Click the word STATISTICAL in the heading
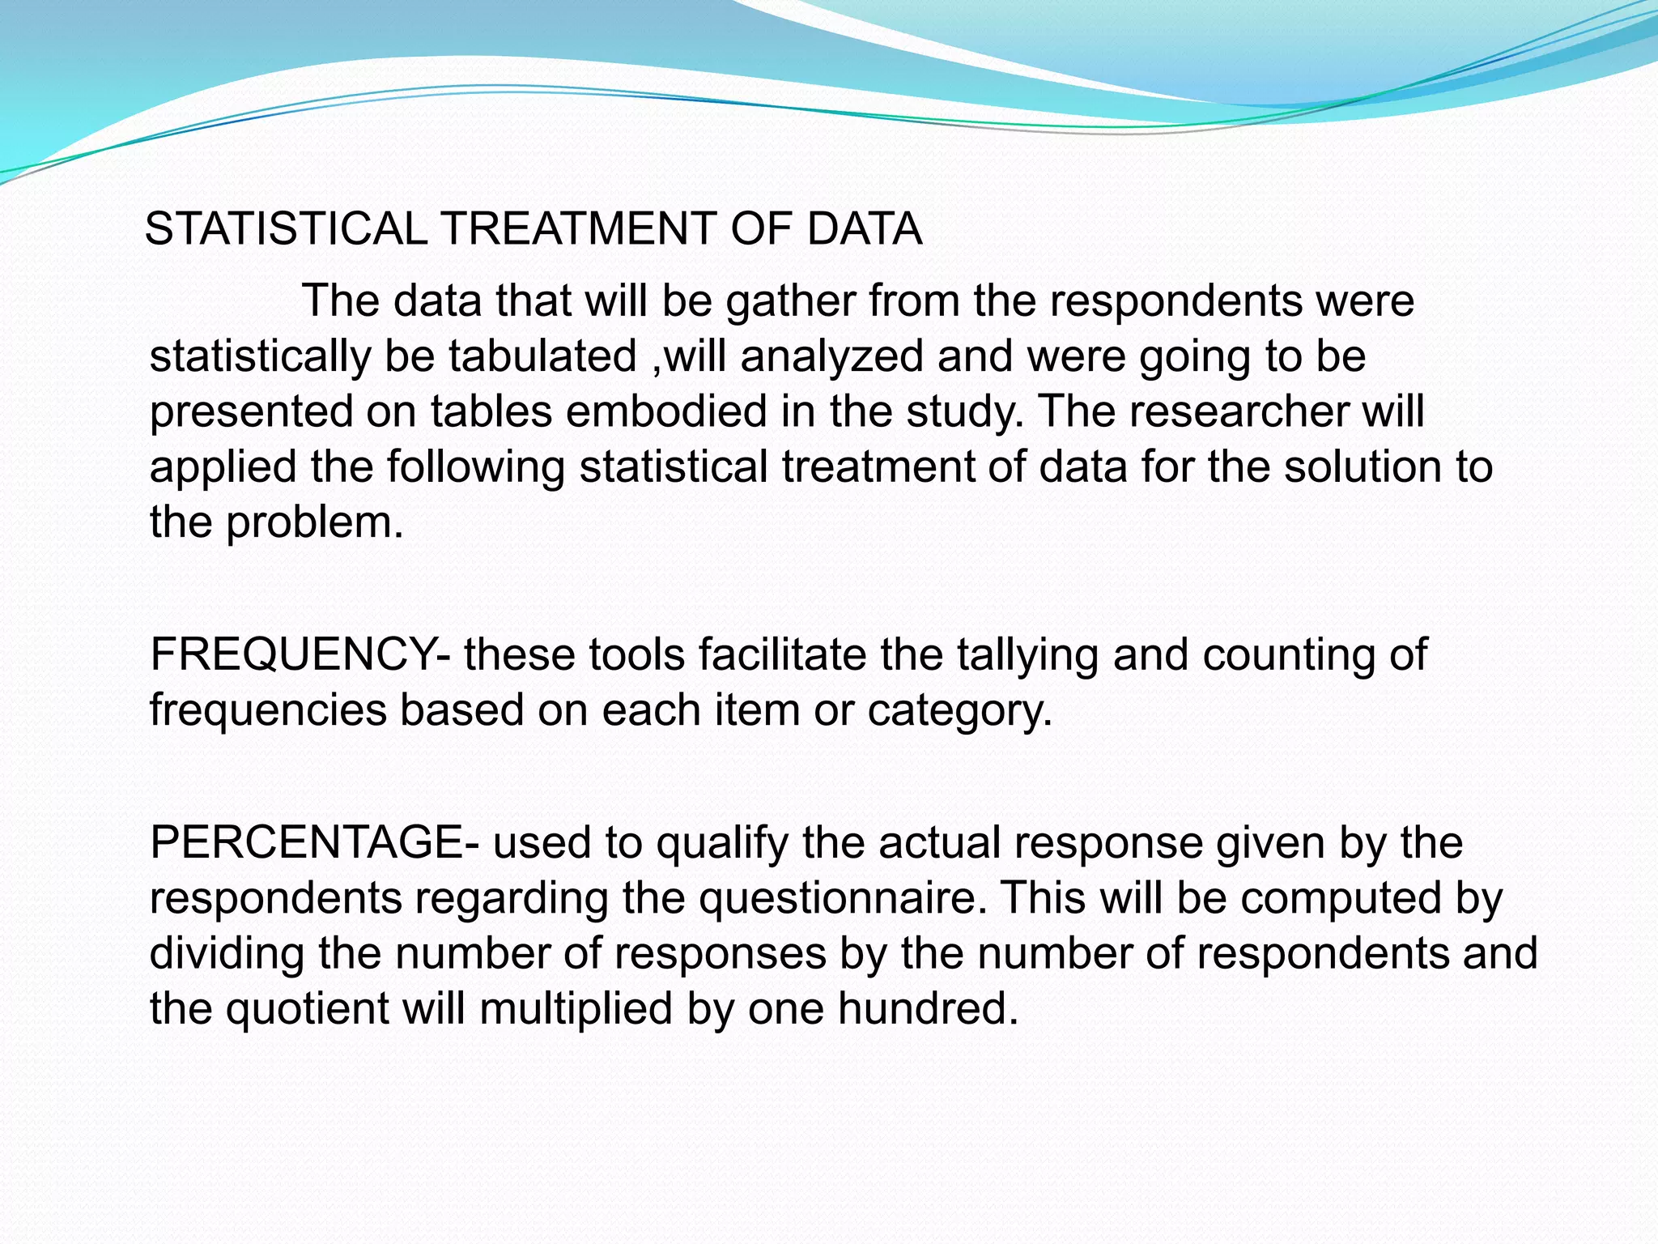pyautogui.click(x=286, y=228)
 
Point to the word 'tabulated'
pyautogui.click(x=542, y=356)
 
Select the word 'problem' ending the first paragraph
pyautogui.click(x=313, y=523)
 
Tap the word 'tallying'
pyautogui.click(x=1027, y=656)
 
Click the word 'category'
pyautogui.click(x=959, y=711)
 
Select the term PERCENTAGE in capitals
pyautogui.click(x=307, y=842)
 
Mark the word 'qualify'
pyautogui.click(x=721, y=844)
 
